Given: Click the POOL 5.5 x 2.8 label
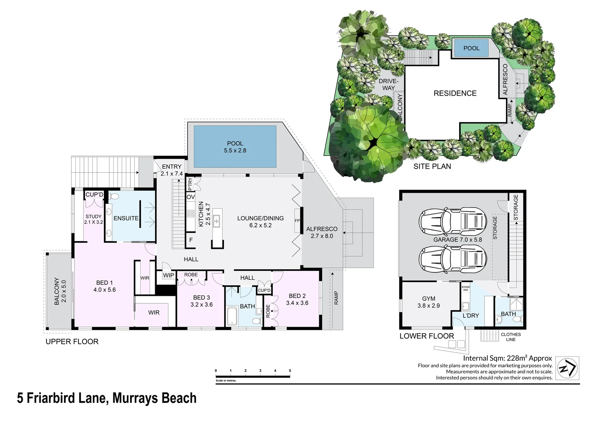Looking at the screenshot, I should pyautogui.click(x=235, y=147).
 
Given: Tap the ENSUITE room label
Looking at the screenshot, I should pyautogui.click(x=126, y=218).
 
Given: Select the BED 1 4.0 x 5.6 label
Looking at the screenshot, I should pyautogui.click(x=104, y=286).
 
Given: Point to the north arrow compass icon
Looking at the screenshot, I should pyautogui.click(x=567, y=368).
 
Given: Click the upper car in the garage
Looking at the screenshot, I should pyautogui.click(x=452, y=222).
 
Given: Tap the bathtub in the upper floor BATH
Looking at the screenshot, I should pyautogui.click(x=232, y=316).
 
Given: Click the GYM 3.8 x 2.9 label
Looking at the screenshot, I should pyautogui.click(x=428, y=302).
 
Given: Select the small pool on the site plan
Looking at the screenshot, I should pyautogui.click(x=471, y=48).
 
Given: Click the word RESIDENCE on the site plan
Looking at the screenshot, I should pyautogui.click(x=455, y=93).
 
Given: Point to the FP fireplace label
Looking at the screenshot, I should pyautogui.click(x=297, y=221).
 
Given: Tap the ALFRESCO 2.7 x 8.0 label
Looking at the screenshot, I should pyautogui.click(x=322, y=232).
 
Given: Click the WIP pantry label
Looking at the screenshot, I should pyautogui.click(x=168, y=275).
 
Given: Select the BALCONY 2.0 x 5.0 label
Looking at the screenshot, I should pyautogui.click(x=60, y=291).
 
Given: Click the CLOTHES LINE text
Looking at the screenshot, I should pyautogui.click(x=511, y=337).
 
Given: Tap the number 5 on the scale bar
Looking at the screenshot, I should pyautogui.click(x=290, y=370).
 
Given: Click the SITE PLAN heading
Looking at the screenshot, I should pyautogui.click(x=432, y=166).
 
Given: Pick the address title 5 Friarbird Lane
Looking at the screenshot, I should pyautogui.click(x=107, y=398).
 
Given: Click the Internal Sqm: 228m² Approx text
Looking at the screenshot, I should pyautogui.click(x=507, y=358).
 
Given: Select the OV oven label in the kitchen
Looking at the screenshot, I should pyautogui.click(x=190, y=197).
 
